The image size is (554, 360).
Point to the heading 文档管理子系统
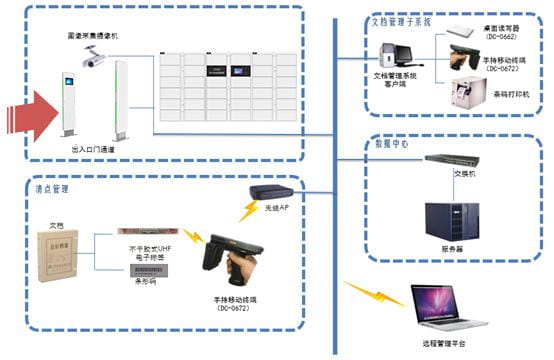click(401, 20)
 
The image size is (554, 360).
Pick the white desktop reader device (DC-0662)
click(464, 27)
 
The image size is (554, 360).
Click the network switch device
click(449, 160)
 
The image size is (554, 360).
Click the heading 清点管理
click(52, 188)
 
